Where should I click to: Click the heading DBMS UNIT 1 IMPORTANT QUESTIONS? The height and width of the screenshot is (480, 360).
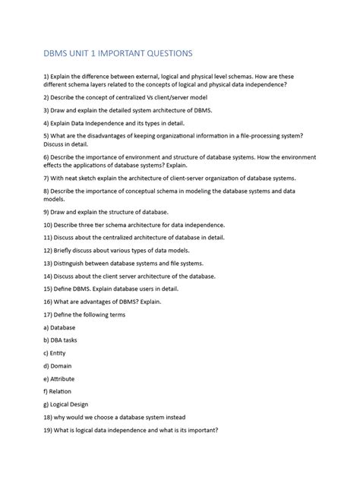click(118, 53)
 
